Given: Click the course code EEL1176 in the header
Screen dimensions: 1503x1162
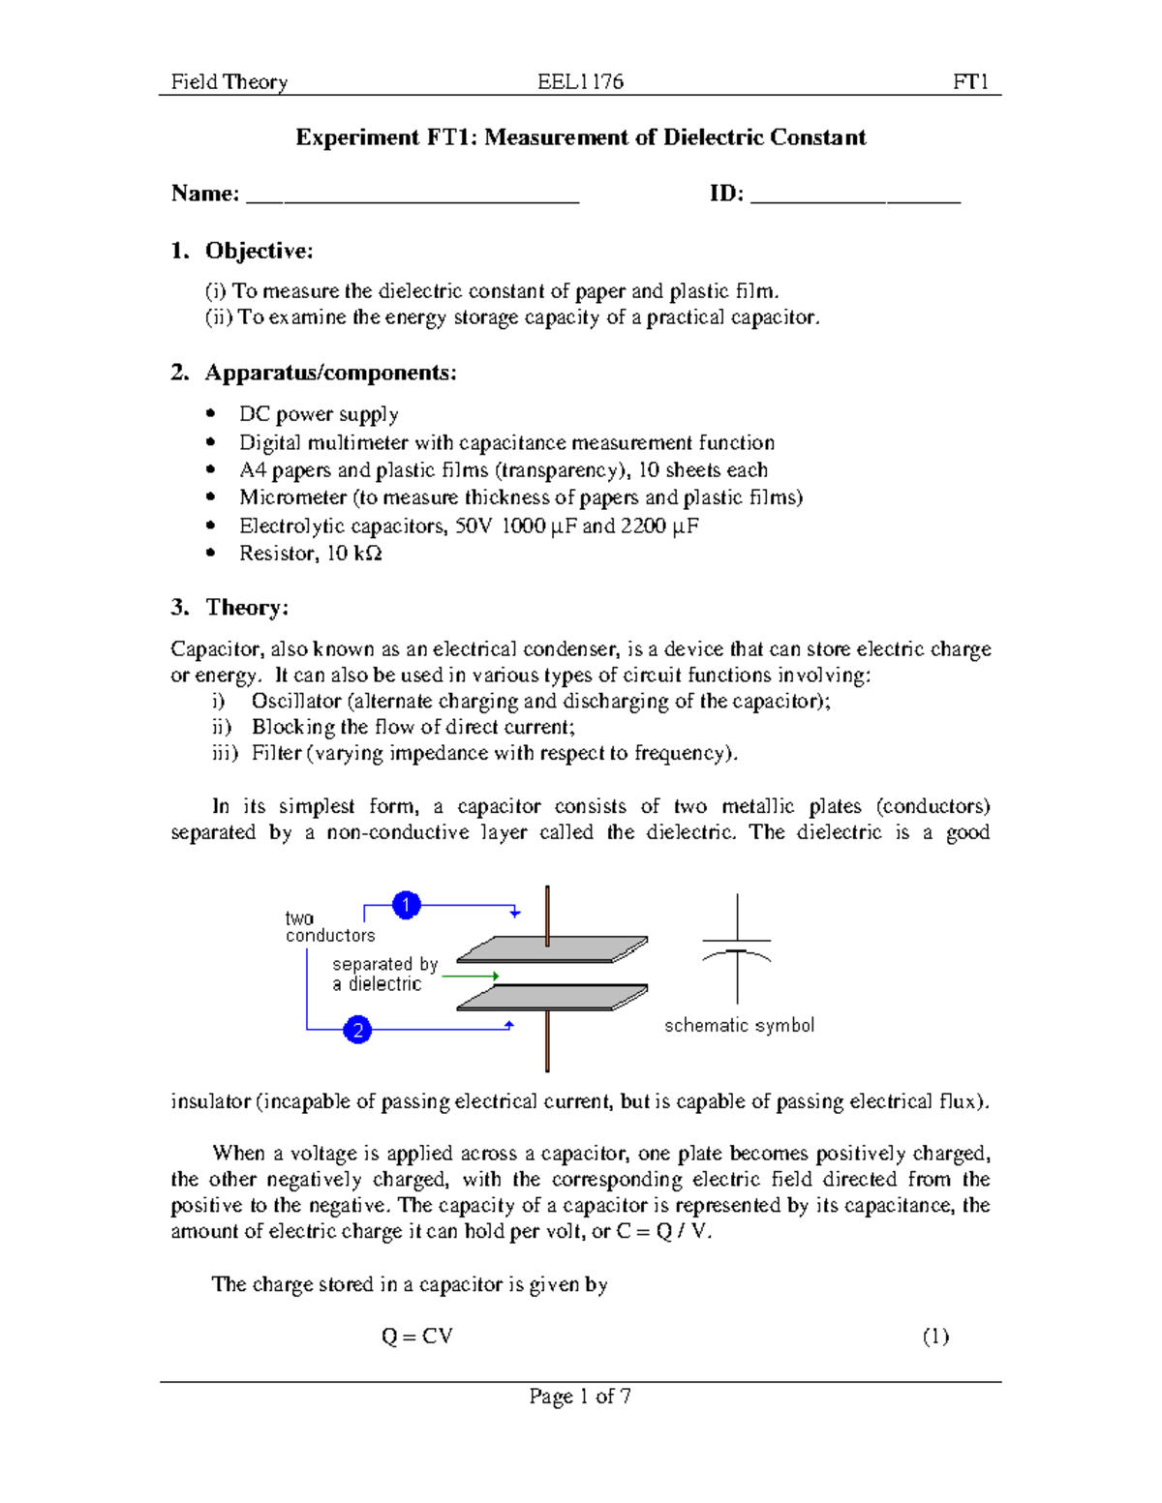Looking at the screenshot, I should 580,82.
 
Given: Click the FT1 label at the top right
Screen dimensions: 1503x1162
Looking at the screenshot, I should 970,82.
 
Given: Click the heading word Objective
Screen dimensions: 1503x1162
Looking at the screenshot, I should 259,252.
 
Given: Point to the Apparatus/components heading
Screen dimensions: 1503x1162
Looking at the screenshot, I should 330,373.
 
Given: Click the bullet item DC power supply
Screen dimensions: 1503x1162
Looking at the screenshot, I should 319,414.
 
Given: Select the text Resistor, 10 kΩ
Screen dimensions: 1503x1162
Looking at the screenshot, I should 310,554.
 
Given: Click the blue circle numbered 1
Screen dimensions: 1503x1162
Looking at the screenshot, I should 406,905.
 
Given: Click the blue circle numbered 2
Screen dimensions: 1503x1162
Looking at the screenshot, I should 357,1030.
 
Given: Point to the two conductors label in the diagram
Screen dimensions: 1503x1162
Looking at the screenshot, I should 329,926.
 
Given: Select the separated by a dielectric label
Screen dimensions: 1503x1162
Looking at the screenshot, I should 383,974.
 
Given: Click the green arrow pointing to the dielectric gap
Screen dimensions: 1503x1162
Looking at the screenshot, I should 470,977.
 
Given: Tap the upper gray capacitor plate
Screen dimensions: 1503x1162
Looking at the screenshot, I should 552,949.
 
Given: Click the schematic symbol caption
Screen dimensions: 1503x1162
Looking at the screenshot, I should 739,1025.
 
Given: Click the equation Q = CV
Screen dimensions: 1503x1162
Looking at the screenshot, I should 416,1337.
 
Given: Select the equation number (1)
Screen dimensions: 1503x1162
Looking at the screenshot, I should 934,1337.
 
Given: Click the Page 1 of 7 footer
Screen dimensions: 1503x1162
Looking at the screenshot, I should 580,1396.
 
